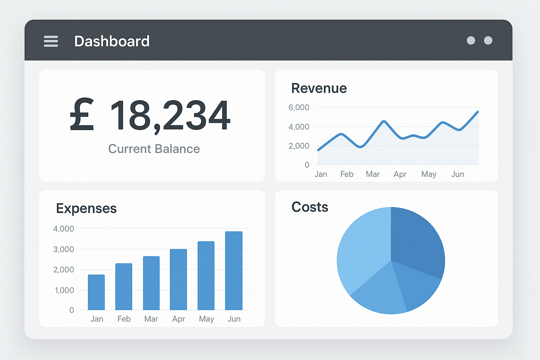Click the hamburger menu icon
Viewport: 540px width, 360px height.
point(51,41)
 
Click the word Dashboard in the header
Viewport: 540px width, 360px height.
point(112,41)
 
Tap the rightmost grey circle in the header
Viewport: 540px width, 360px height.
point(488,40)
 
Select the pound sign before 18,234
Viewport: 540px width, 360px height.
point(82,115)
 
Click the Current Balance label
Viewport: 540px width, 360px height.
point(154,149)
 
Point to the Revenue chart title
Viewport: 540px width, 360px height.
point(319,88)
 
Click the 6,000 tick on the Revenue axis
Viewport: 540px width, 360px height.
point(299,108)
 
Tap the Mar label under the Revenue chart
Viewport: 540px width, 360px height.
point(373,174)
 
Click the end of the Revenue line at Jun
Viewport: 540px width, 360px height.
point(477,112)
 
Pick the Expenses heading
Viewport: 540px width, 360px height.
point(86,208)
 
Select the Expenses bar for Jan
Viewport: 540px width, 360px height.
point(96,292)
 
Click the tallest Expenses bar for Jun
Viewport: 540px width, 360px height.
point(234,271)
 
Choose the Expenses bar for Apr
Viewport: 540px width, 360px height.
point(178,279)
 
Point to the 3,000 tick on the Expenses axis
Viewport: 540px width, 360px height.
point(64,249)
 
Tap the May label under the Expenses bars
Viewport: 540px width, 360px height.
point(206,319)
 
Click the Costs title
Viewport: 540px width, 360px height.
point(310,207)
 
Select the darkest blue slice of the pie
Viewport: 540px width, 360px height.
point(417,239)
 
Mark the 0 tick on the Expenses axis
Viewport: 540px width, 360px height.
point(72,310)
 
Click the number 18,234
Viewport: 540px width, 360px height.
point(171,115)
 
